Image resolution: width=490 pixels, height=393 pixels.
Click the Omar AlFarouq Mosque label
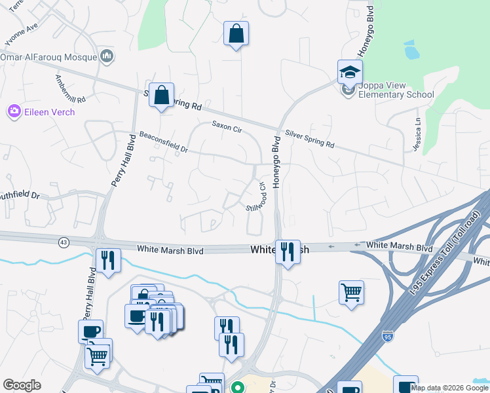(x=50, y=58)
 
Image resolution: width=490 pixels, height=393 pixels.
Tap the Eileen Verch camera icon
(x=14, y=112)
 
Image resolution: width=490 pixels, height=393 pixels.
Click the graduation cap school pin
(x=350, y=72)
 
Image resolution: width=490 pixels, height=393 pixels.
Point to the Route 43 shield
(x=64, y=242)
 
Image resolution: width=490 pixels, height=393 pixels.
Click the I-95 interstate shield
(x=388, y=335)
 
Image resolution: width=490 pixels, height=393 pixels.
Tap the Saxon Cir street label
(x=226, y=126)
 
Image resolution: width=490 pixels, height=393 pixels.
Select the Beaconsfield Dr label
(x=163, y=142)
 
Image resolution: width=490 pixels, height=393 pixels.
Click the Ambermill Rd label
(x=71, y=90)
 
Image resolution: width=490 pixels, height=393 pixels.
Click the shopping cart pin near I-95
(x=351, y=293)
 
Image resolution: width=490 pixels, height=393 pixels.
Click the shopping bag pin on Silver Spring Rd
(x=160, y=96)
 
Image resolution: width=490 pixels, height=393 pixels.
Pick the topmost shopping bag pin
(x=236, y=34)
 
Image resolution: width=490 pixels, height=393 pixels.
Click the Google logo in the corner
(x=22, y=385)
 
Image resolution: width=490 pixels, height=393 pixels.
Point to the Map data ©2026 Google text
(x=449, y=388)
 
